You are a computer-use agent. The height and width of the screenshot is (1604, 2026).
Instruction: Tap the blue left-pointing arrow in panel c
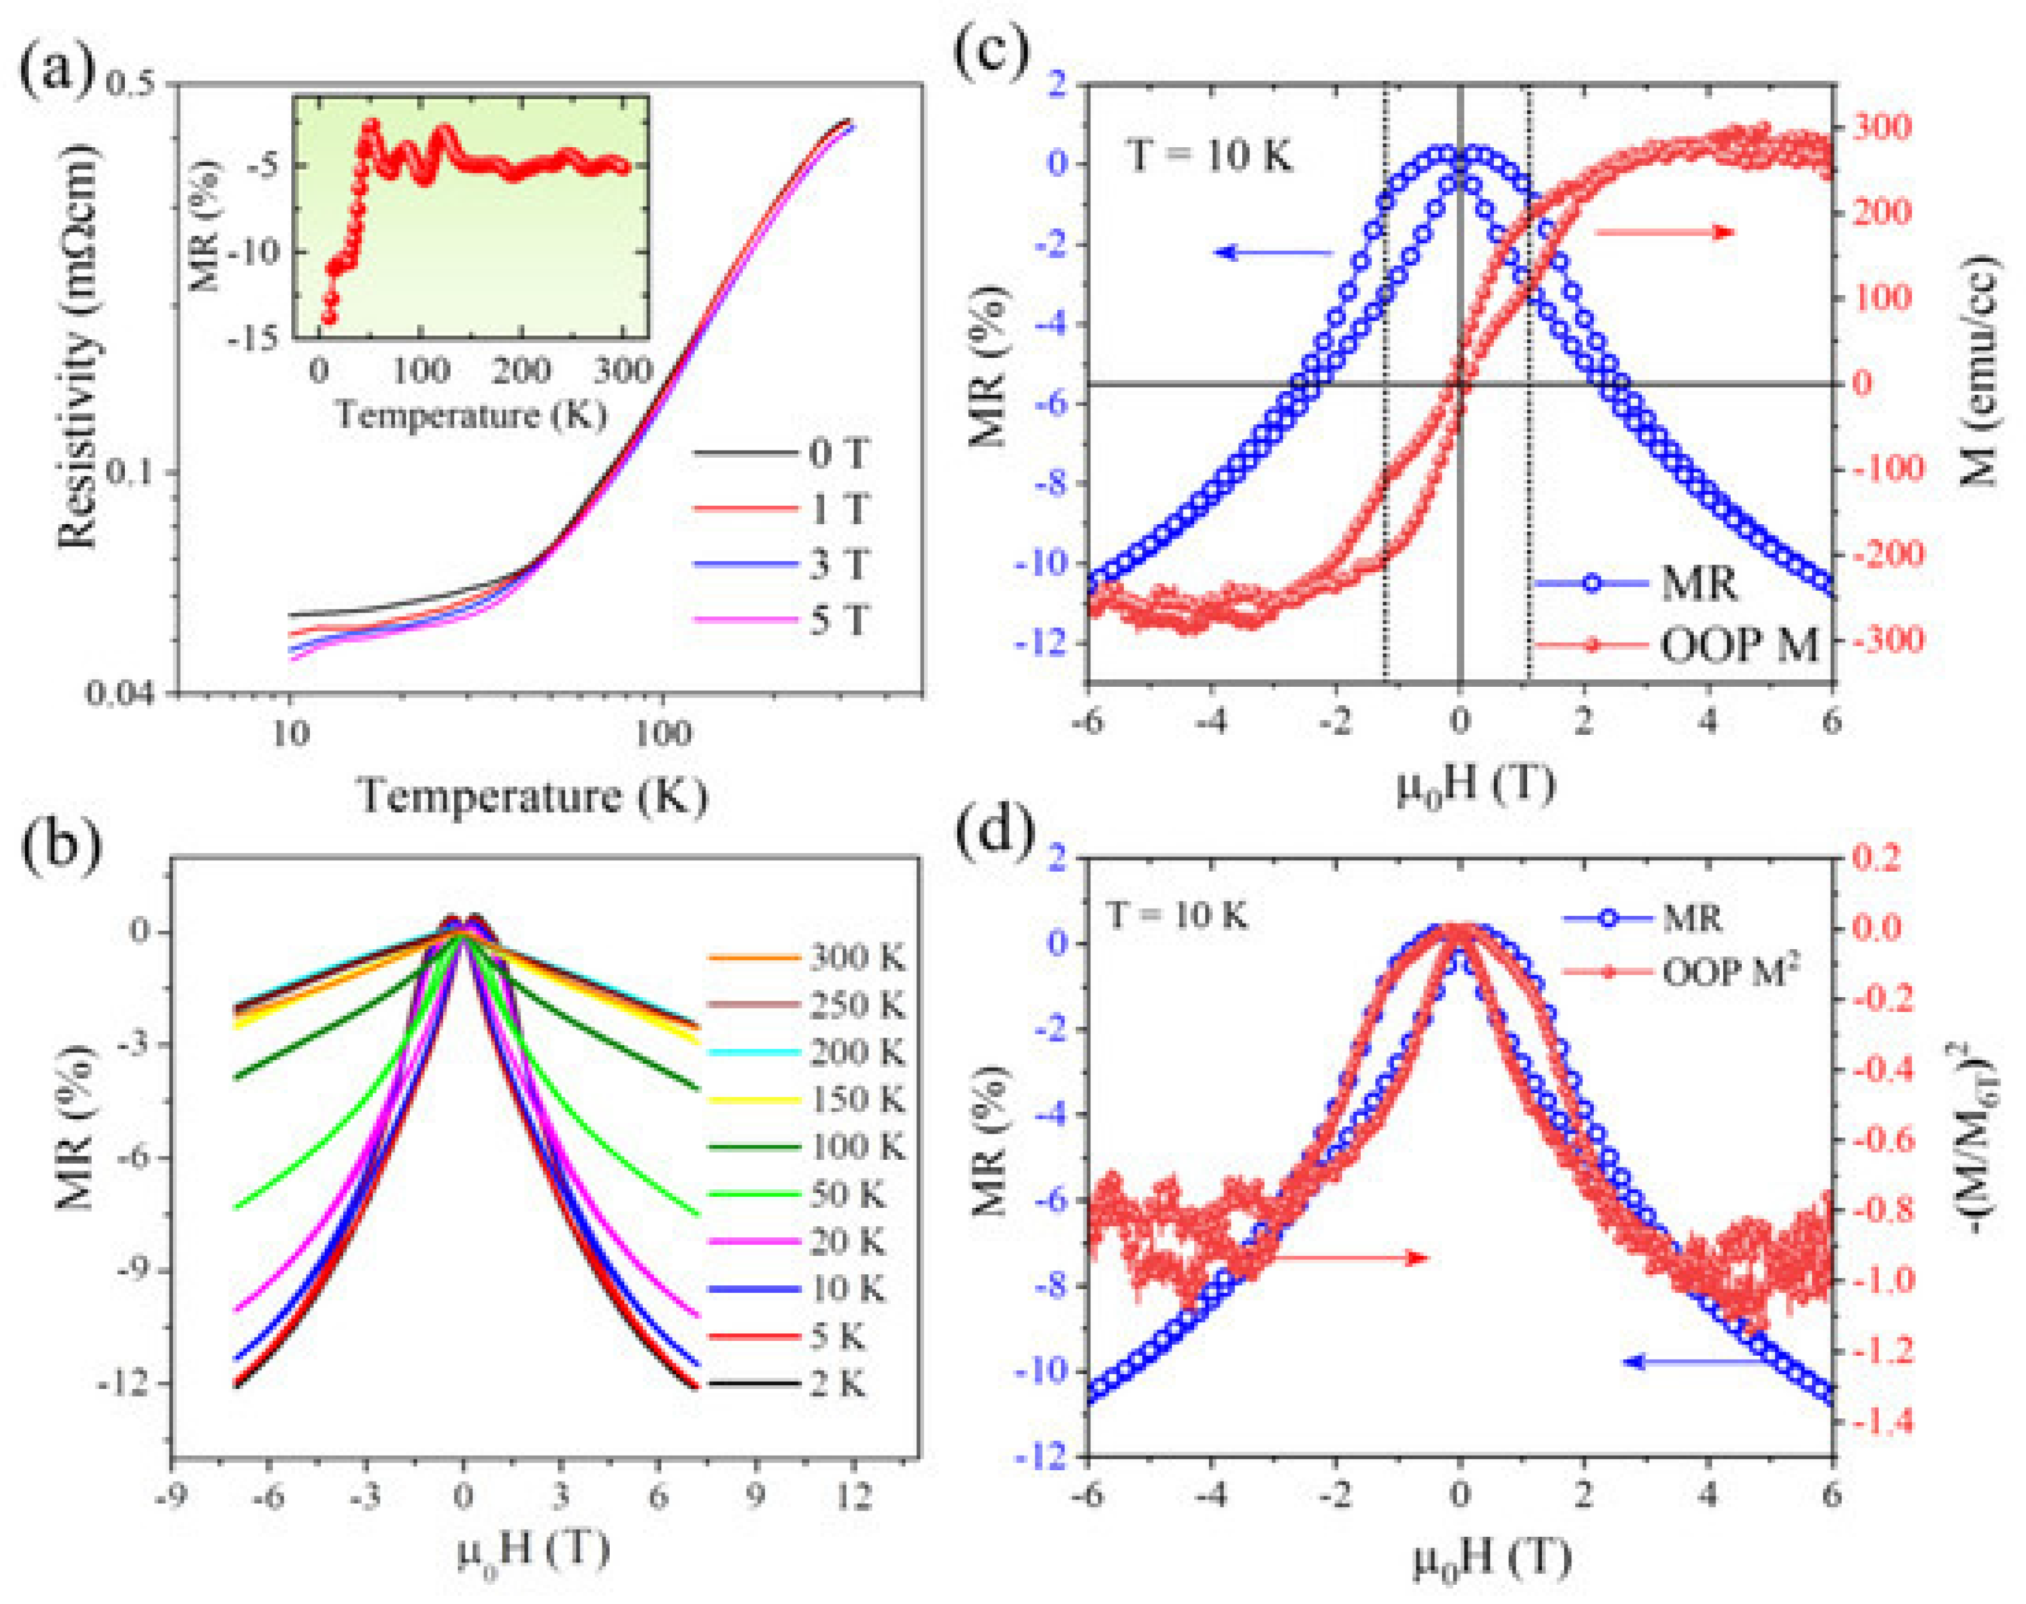tap(1273, 252)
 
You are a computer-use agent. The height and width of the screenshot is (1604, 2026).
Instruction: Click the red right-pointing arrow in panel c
tap(1664, 231)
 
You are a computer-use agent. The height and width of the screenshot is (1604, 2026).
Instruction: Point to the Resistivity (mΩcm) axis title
tap(80, 348)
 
